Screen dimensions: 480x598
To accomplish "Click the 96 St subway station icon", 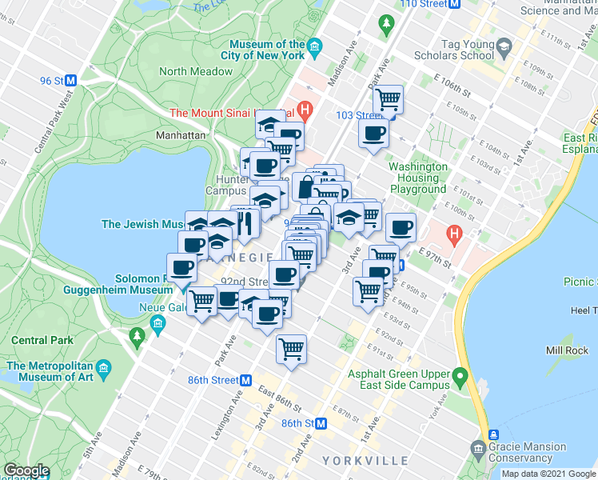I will click(x=70, y=81).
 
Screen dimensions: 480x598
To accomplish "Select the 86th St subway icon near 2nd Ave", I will click(x=321, y=422).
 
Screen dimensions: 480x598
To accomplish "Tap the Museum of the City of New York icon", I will click(x=315, y=49).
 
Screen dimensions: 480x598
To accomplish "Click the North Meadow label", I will click(x=196, y=71).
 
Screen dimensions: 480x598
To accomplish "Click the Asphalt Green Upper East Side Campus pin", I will click(x=460, y=375).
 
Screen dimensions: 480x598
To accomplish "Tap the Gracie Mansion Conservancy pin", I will click(x=478, y=446).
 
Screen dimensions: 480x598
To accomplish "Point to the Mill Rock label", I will click(x=567, y=350).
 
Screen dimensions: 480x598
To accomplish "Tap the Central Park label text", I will click(x=42, y=340).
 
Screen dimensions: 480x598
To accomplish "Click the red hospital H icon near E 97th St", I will click(x=455, y=235).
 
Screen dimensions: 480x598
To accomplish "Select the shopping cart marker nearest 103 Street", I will click(x=388, y=100).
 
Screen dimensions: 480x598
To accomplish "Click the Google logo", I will click(x=26, y=470).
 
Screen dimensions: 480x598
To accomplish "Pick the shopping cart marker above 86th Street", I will click(x=292, y=350).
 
